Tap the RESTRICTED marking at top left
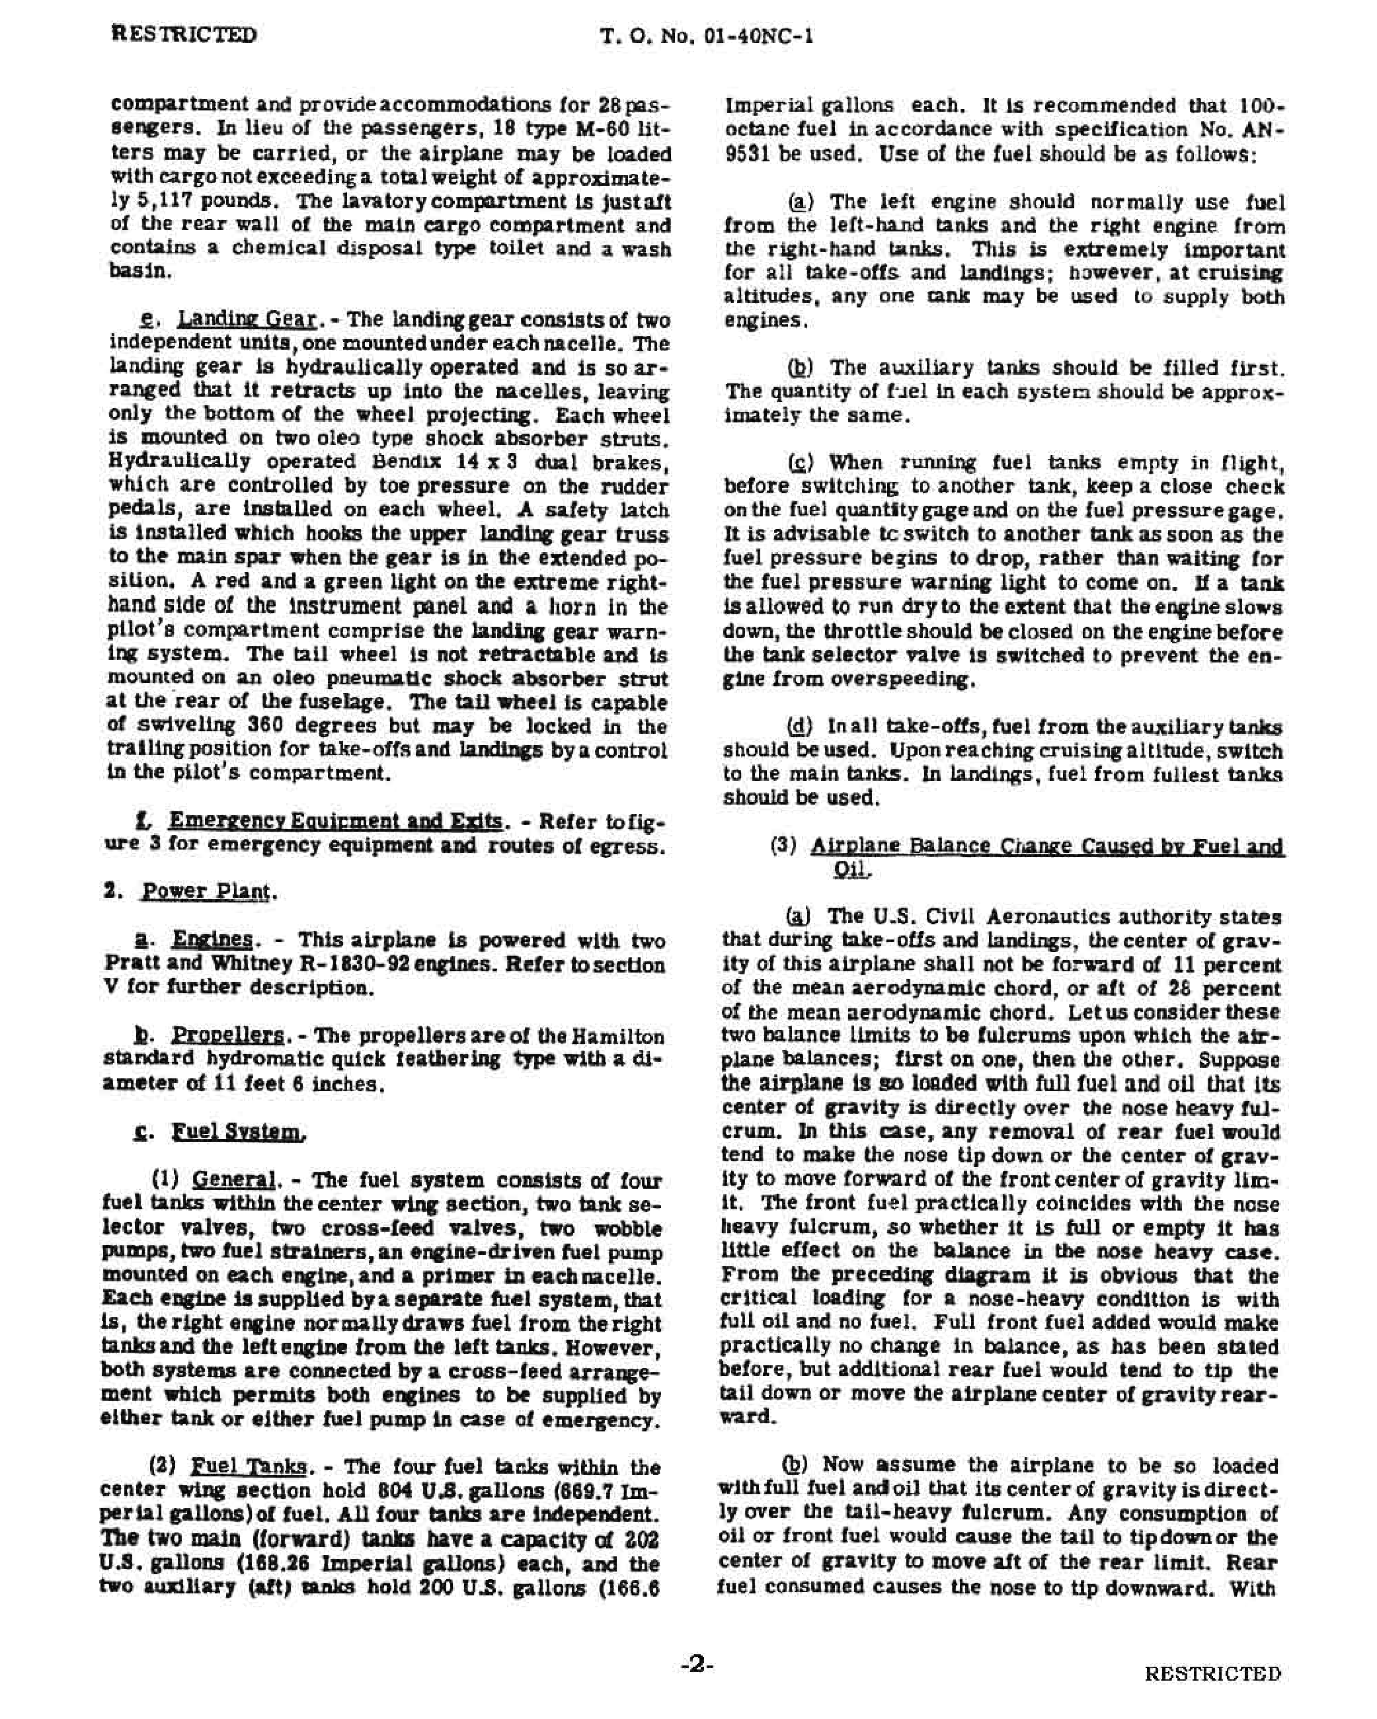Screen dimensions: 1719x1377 click(182, 35)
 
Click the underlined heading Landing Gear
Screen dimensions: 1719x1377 click(247, 320)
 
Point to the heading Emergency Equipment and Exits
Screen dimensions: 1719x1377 click(336, 821)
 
